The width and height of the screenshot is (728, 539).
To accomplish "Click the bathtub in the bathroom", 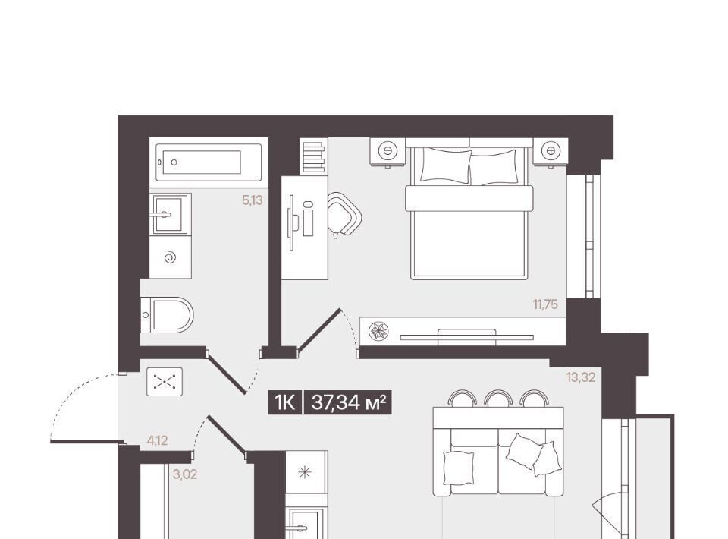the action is [x=209, y=162].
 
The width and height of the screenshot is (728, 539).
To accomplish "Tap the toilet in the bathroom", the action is [x=167, y=315].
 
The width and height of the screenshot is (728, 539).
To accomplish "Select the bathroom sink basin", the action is [x=170, y=214].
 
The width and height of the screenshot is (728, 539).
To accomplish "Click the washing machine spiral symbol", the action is [x=171, y=257].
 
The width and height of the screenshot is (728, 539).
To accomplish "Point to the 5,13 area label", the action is [x=253, y=200].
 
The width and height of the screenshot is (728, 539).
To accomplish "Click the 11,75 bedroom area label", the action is [x=545, y=305].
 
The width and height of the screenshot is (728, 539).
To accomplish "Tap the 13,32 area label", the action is [x=580, y=377].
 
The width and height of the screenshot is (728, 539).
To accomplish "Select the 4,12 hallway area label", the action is [x=158, y=440].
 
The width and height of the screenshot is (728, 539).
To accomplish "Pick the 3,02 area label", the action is [x=185, y=474].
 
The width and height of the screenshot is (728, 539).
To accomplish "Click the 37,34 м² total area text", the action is [x=349, y=402].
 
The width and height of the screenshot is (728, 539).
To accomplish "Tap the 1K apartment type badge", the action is [x=284, y=402].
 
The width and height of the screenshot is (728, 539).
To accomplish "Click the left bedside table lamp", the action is [x=388, y=150].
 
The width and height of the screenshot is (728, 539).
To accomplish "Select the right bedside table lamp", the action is [x=551, y=150].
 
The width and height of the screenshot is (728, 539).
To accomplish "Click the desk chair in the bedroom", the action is [x=344, y=215].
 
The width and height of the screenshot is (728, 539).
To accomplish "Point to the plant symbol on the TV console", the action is [x=378, y=331].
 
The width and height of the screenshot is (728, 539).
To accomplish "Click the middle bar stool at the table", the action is [x=498, y=399].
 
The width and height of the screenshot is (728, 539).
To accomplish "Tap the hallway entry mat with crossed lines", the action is [x=165, y=382].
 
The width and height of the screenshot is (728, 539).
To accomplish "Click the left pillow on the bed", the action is [x=446, y=165].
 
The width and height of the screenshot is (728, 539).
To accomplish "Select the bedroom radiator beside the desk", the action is [x=313, y=156].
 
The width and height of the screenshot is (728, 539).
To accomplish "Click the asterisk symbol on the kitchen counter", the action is [x=305, y=473].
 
